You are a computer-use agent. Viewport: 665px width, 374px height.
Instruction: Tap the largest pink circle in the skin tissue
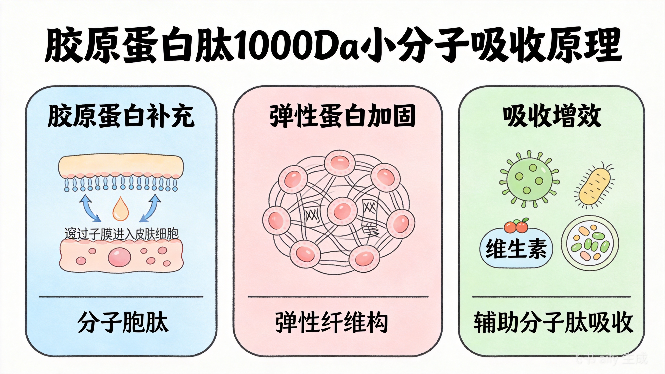[119, 257]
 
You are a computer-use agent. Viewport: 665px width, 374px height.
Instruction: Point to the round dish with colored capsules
[590, 243]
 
